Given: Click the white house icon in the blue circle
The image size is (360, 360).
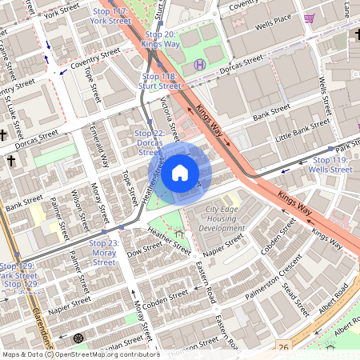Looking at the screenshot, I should click(180, 173).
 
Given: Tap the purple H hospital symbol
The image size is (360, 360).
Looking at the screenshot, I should click(200, 64).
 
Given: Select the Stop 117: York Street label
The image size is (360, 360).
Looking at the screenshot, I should click(110, 16).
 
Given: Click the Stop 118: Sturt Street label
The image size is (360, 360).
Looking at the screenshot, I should click(158, 81).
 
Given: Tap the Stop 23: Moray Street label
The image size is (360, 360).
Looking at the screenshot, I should click(104, 252).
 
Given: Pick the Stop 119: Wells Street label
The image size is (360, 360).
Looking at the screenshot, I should click(330, 165).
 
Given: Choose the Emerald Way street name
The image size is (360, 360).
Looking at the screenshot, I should click(99, 143).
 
